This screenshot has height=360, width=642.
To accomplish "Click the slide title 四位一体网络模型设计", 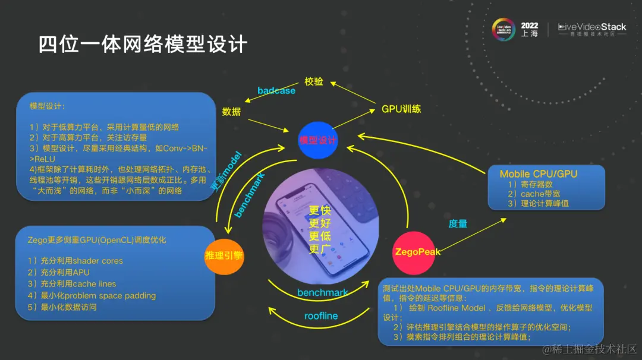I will [143, 45].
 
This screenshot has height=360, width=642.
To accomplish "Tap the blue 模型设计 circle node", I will [318, 140].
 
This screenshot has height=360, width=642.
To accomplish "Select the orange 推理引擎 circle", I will [224, 256].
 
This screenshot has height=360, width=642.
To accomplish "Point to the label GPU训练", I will [401, 109].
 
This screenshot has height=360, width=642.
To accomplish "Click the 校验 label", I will [314, 81].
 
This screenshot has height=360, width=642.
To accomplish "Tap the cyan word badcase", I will [276, 91].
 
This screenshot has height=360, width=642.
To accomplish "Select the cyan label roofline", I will [320, 316].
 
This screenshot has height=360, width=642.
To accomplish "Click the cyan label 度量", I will [458, 224].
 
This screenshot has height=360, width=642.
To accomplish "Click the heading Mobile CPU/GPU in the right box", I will [538, 174].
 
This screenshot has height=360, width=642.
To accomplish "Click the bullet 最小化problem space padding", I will [92, 295].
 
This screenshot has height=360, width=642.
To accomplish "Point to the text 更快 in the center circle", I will [319, 211].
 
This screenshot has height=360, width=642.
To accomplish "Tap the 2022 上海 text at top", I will [529, 29].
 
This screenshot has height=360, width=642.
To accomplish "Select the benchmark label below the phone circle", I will [322, 292].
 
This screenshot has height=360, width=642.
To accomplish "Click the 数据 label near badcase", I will [232, 111].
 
